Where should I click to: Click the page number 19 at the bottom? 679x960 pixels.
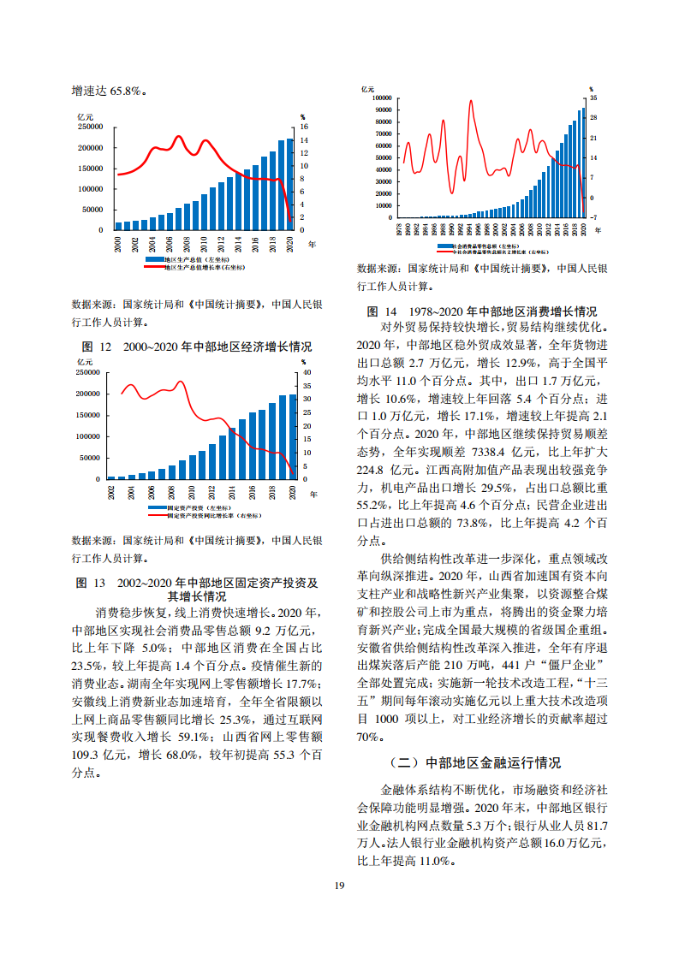point(340,885)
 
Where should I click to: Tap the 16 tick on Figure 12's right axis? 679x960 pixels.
point(302,127)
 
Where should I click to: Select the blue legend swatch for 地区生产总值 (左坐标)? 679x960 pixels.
point(154,258)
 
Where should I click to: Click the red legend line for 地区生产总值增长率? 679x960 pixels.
point(154,267)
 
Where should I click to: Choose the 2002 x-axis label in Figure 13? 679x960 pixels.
point(111,492)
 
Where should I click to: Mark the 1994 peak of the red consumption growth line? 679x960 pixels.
point(470,102)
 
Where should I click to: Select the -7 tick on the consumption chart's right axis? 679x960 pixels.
point(593,217)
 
